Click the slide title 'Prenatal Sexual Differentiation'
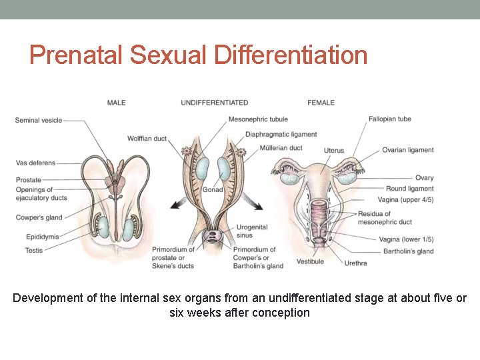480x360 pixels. click(198, 55)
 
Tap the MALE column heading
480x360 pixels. click(116, 103)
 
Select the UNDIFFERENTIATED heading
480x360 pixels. click(214, 103)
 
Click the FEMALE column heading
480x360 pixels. click(321, 103)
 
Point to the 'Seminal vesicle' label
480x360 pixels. click(38, 121)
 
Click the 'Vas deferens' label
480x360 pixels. click(35, 163)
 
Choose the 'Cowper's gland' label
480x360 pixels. click(39, 217)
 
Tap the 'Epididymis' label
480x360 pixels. click(33, 237)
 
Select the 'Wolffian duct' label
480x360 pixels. click(147, 139)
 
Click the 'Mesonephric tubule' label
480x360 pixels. click(258, 119)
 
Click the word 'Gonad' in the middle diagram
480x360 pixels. click(213, 190)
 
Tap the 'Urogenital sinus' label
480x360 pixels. click(251, 231)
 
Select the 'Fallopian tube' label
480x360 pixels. click(389, 119)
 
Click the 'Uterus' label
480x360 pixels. click(334, 151)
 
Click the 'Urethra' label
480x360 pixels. click(355, 263)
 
